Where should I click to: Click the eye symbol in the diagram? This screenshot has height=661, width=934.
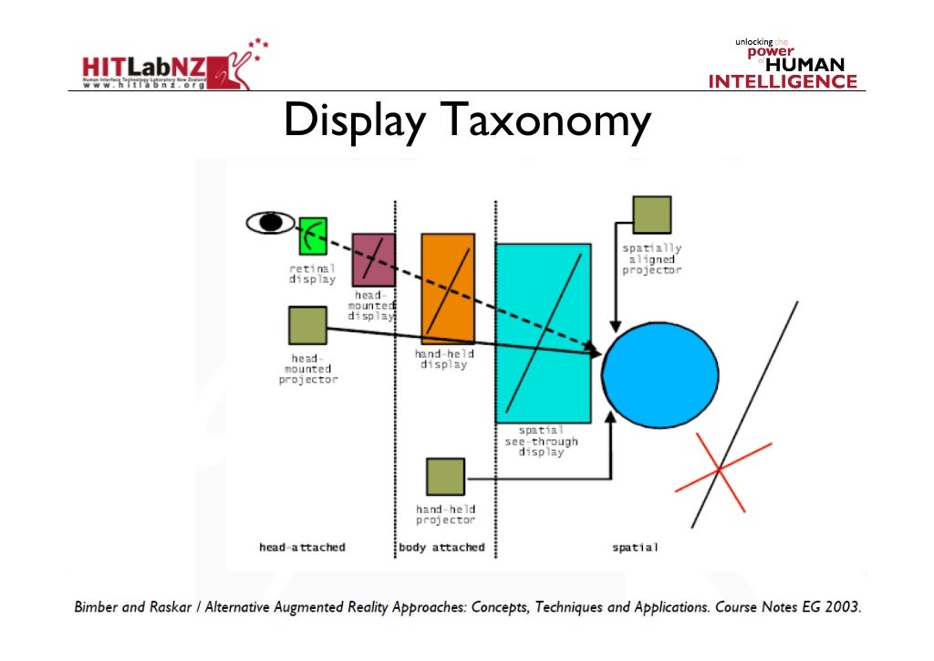click(x=271, y=222)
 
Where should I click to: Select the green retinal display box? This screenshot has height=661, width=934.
click(x=313, y=236)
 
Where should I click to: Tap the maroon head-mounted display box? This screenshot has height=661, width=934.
click(x=373, y=260)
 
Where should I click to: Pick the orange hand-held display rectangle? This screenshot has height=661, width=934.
click(x=448, y=288)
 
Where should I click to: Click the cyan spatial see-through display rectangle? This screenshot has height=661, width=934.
click(x=543, y=332)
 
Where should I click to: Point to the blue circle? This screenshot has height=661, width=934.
click(x=659, y=374)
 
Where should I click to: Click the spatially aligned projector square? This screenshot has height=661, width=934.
click(x=651, y=215)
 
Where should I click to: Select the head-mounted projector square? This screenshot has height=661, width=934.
click(x=307, y=326)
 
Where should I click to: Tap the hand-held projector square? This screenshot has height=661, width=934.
click(x=445, y=477)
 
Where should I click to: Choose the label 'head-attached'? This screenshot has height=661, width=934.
click(x=302, y=548)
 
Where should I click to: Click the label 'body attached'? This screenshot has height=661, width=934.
click(x=442, y=548)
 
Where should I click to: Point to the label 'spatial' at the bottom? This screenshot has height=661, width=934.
click(x=635, y=548)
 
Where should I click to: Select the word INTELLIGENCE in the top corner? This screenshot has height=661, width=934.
click(x=784, y=81)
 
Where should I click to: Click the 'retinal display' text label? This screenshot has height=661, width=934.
click(x=313, y=274)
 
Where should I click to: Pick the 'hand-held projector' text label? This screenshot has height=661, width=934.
click(x=445, y=514)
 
